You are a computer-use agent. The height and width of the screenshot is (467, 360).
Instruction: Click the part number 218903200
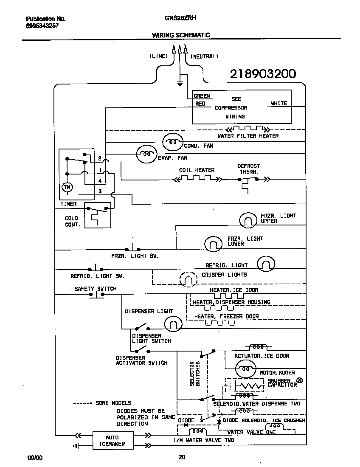pos(263,74)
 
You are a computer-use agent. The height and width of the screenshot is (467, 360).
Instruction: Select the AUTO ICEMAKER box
pos(112,441)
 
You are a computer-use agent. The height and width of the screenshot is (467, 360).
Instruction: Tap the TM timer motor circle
pos(67,187)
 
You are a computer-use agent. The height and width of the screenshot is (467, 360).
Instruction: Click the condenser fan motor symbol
pos(173,141)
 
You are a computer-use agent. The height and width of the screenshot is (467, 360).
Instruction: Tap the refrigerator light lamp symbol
pos(266,264)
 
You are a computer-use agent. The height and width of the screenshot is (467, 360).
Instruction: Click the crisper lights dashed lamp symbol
pos(188,279)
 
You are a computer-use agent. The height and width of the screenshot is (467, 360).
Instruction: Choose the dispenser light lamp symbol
pos(172,324)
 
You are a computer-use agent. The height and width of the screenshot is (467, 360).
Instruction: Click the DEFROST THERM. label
pos(249,169)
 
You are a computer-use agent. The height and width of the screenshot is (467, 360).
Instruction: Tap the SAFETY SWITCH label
pos(95,289)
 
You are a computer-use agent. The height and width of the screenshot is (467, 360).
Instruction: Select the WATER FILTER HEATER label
pos(248,136)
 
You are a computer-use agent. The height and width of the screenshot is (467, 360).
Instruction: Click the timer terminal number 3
pos(100,191)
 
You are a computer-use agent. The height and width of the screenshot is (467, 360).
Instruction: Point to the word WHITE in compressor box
pos(279,103)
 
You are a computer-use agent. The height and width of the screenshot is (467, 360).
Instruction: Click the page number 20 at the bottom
pos(181,457)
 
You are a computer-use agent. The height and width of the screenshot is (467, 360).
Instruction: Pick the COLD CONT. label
pos(72,221)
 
